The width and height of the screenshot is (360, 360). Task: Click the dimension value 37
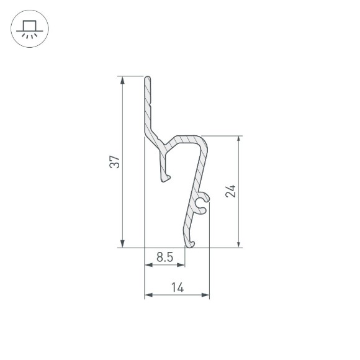[x=114, y=163]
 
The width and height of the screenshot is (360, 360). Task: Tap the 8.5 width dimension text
[x=164, y=256]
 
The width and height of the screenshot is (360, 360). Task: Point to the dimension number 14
[x=177, y=287]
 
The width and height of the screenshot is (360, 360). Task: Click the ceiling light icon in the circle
[x=29, y=29]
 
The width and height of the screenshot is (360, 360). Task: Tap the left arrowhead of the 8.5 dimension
[x=148, y=265]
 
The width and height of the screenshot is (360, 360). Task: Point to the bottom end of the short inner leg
[x=166, y=179]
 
